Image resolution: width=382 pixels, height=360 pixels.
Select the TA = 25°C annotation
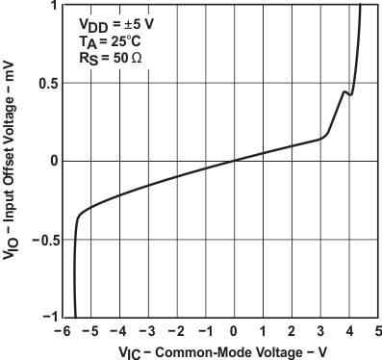point(101,41)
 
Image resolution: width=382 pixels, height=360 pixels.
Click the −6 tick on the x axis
point(61,329)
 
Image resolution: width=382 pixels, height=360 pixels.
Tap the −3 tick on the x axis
point(147,329)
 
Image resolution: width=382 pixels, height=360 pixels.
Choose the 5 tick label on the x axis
point(378,329)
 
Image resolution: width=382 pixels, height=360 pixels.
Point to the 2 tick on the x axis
point(292,329)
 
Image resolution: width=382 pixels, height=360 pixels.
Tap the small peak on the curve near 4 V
point(344,92)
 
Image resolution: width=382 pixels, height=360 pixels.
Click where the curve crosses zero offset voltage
point(234,161)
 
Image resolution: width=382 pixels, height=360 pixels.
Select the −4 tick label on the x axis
point(118,329)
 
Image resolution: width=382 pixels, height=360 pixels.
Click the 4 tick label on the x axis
point(349,329)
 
